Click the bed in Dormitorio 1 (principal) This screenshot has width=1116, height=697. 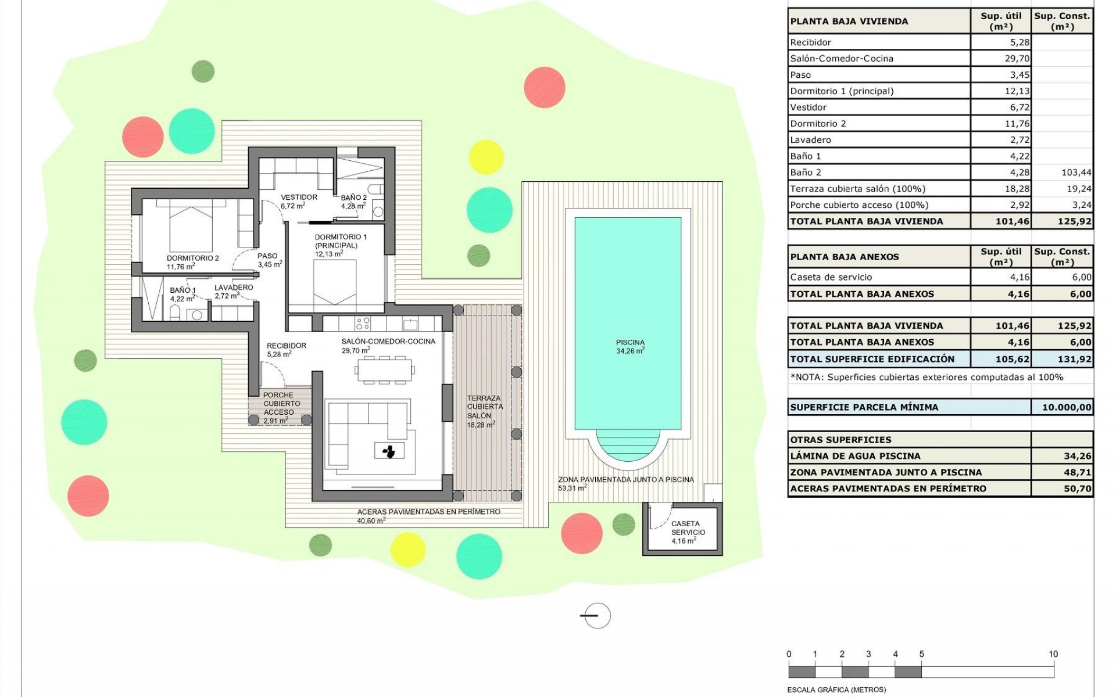(x=335, y=282)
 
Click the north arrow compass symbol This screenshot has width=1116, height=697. (x=596, y=616)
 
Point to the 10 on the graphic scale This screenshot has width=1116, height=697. (x=1053, y=654)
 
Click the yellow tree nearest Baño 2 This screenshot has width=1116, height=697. (x=486, y=157)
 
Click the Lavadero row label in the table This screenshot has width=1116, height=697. (x=810, y=140)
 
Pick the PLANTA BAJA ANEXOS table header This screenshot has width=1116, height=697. (x=845, y=257)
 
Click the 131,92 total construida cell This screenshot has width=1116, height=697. (x=1074, y=359)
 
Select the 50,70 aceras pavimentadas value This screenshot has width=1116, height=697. (x=1077, y=488)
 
